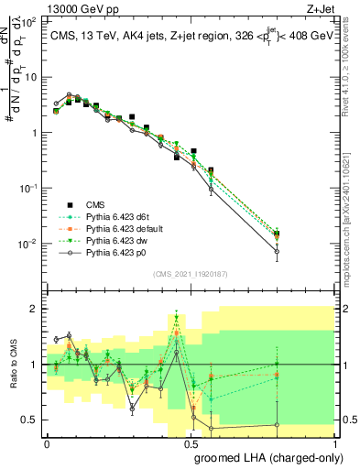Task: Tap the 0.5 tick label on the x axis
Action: pos(191,442)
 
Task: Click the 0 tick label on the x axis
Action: pos(48,442)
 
